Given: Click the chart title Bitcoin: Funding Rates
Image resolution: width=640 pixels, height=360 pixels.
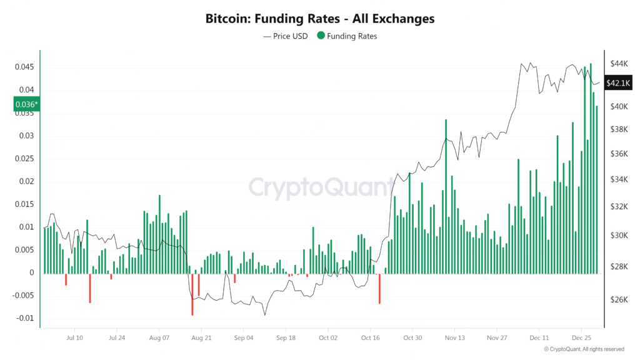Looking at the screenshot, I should coord(319,19).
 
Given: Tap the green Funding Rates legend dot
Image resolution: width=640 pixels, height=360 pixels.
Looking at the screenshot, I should coord(321,36).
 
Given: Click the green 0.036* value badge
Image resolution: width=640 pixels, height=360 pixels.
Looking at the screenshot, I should coord(26,104).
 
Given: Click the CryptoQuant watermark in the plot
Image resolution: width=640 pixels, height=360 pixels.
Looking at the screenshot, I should coord(321,186).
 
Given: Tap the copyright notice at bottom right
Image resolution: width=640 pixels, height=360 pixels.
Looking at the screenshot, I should coord(584,349).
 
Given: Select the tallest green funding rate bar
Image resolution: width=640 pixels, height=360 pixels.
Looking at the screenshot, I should coord(591,169).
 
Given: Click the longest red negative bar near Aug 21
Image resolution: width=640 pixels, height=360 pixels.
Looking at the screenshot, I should coord(192,294).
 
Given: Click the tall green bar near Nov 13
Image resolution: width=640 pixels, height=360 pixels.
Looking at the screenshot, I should coord(446,196).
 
